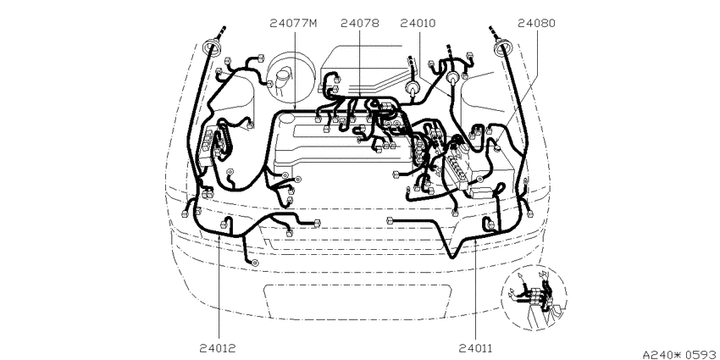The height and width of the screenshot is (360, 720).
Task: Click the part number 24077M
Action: coord(293,23)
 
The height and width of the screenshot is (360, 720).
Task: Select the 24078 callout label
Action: coord(360,23)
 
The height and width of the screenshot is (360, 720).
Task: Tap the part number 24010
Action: coord(418,23)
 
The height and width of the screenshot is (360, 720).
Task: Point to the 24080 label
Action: coord(536,23)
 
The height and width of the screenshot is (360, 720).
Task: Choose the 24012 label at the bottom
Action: coord(218,348)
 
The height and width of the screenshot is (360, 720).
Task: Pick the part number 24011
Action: coord(475,348)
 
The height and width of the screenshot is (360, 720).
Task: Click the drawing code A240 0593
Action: coord(680,354)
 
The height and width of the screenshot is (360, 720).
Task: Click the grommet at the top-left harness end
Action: coord(212,47)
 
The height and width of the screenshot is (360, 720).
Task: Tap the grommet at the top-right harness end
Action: coord(503,47)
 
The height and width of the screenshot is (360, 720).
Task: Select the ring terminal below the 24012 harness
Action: coord(254,263)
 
